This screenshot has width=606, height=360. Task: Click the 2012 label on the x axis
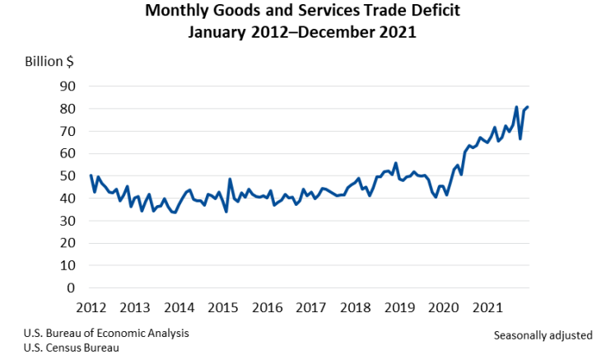(91, 308)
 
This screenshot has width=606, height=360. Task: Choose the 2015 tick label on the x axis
(222, 308)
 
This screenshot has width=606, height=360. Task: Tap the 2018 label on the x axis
(355, 308)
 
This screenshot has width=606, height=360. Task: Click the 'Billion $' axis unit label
(50, 62)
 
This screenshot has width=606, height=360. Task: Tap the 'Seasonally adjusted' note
(543, 335)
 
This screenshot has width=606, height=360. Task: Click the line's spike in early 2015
(230, 179)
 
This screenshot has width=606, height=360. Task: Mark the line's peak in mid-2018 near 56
(395, 163)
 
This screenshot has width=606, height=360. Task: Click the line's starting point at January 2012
(91, 175)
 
